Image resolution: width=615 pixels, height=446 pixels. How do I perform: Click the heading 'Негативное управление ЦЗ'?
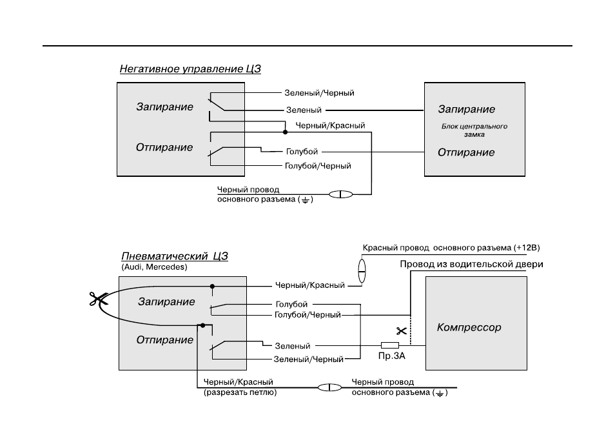pyautogui.click(x=190, y=69)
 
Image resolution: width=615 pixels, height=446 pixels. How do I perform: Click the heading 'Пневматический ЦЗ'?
pyautogui.click(x=175, y=256)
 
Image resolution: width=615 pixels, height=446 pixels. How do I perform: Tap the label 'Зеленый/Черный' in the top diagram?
pyautogui.click(x=319, y=93)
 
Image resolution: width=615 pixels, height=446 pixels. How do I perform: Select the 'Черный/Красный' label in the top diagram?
pyautogui.click(x=330, y=126)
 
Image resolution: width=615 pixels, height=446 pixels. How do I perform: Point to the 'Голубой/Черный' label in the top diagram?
pyautogui.click(x=318, y=166)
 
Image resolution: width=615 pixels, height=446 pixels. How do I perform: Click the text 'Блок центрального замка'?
pyautogui.click(x=474, y=130)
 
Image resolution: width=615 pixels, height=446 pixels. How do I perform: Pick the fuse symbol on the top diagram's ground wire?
pyautogui.click(x=340, y=194)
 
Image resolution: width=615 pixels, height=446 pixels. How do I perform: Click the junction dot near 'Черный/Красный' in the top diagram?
pyautogui.click(x=285, y=132)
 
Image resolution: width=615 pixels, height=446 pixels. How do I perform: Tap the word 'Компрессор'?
pyautogui.click(x=469, y=327)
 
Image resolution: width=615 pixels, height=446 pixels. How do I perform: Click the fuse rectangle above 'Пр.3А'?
pyautogui.click(x=390, y=345)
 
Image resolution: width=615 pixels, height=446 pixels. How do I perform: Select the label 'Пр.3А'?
pyautogui.click(x=391, y=356)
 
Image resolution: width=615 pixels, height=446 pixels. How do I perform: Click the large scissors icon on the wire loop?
pyautogui.click(x=97, y=299)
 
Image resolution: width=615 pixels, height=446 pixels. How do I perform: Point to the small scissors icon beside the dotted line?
pyautogui.click(x=401, y=331)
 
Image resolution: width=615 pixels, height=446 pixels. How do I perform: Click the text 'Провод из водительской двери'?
pyautogui.click(x=471, y=264)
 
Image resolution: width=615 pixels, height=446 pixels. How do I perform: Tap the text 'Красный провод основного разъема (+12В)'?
pyautogui.click(x=451, y=248)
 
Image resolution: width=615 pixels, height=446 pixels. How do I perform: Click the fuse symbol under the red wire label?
pyautogui.click(x=362, y=271)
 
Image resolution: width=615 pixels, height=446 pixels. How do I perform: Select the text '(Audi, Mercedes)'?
pyautogui.click(x=154, y=267)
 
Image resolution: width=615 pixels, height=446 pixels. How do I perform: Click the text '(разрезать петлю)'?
pyautogui.click(x=240, y=392)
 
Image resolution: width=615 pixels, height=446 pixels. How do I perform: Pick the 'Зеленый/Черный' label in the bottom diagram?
pyautogui.click(x=308, y=360)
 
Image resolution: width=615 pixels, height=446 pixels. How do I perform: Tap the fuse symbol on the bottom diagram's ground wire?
pyautogui.click(x=329, y=388)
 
